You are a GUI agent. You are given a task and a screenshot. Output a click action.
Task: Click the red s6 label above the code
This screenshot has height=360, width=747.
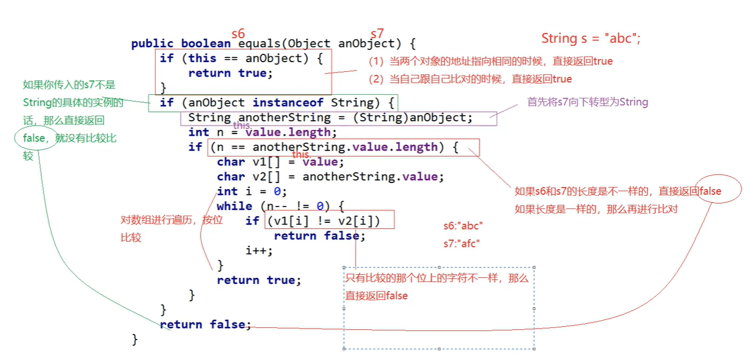(x=239, y=34)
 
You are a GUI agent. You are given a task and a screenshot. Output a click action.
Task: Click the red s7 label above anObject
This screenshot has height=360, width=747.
(x=377, y=34)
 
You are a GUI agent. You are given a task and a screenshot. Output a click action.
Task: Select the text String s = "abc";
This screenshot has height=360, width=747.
(x=591, y=39)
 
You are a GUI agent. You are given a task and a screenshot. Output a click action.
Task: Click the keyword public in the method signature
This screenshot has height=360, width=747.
(x=152, y=43)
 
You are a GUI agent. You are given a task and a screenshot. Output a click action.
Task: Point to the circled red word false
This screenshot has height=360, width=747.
(x=710, y=191)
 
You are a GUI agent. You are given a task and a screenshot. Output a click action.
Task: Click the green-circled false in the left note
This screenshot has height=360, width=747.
(x=34, y=138)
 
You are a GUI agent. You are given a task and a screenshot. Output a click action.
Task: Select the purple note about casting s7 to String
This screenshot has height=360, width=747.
(x=587, y=102)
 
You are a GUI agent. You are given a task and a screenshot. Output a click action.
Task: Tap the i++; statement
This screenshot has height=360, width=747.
(x=259, y=251)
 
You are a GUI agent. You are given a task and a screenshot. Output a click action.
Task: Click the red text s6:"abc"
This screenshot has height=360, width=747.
(x=463, y=227)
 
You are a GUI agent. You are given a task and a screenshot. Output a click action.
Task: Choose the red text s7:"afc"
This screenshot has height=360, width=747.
(x=463, y=244)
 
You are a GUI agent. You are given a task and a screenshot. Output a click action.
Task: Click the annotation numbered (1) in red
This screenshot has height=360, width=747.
(x=490, y=62)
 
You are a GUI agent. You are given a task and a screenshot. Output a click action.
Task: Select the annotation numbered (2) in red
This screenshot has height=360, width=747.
(x=470, y=79)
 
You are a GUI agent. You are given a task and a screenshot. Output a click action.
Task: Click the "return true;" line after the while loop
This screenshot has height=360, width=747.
(x=258, y=280)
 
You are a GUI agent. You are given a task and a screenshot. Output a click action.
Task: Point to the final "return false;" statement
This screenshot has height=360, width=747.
(x=205, y=324)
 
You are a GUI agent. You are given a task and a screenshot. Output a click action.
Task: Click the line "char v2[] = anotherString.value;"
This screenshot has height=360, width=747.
(x=330, y=176)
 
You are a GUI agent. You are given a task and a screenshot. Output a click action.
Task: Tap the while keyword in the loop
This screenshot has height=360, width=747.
(x=234, y=206)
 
